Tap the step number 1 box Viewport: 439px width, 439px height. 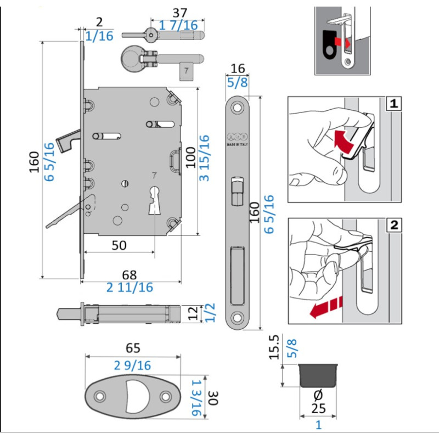tap(393, 103)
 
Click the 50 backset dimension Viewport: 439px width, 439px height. tap(119, 245)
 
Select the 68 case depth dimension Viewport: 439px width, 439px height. tap(130, 273)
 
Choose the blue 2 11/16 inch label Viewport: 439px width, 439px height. tap(130, 287)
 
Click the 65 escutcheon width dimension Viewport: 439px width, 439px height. tap(133, 347)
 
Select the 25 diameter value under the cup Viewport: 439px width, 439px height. tap(319, 409)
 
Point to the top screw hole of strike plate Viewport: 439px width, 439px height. tap(238, 108)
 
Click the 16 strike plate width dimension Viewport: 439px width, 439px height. tap(238, 68)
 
